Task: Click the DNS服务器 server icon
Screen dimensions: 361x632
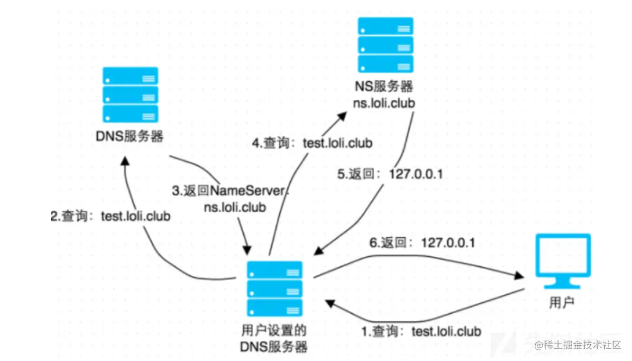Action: pyautogui.click(x=130, y=94)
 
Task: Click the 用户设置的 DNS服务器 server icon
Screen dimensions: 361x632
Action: pyautogui.click(x=274, y=288)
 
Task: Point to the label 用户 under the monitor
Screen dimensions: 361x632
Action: pyautogui.click(x=561, y=302)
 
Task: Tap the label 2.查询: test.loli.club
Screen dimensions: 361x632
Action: pyautogui.click(x=110, y=217)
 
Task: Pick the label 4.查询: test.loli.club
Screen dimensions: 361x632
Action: pyautogui.click(x=312, y=143)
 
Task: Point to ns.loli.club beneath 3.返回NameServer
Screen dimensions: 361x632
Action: pyautogui.click(x=235, y=207)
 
